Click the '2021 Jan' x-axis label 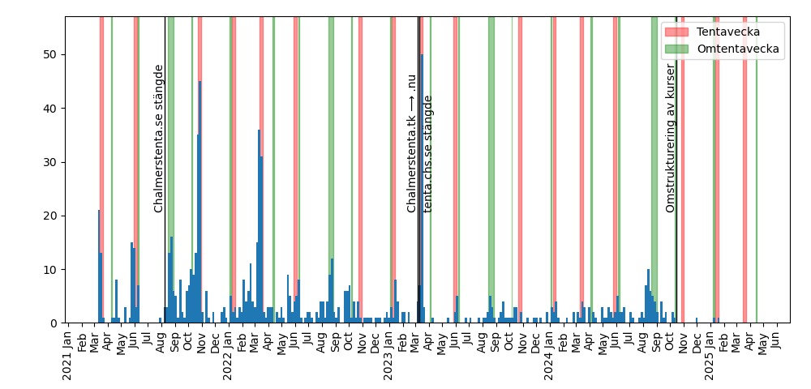[68, 354]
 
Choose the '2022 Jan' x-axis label [228, 354]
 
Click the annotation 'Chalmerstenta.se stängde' [159, 139]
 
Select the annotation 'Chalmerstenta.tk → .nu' [412, 143]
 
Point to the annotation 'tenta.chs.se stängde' [428, 154]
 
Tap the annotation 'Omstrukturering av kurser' [671, 139]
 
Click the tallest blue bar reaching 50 [422, 186]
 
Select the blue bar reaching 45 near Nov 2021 [200, 203]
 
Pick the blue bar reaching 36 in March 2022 [260, 227]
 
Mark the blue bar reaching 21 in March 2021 [99, 267]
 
